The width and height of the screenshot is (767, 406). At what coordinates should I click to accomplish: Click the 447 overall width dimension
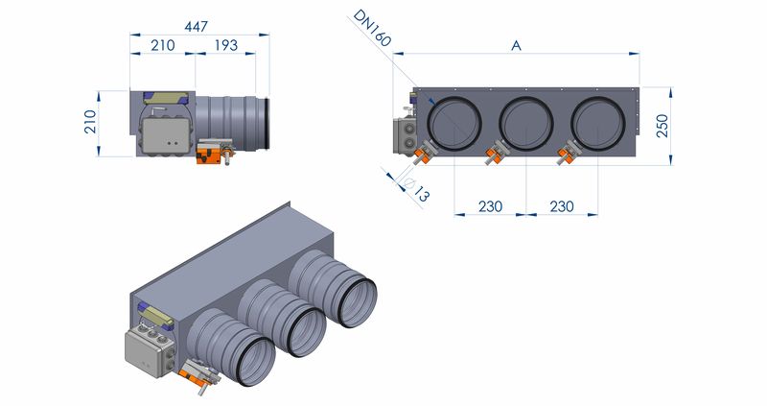point(197,27)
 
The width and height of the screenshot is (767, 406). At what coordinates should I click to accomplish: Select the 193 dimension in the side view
point(226,45)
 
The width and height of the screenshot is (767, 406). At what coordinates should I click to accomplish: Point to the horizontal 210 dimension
point(162,45)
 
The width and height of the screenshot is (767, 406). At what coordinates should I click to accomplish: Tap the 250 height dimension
point(662,125)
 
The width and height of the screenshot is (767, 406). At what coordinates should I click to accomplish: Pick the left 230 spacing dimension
point(490,205)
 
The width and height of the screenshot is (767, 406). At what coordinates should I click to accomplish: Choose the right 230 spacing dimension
point(563,205)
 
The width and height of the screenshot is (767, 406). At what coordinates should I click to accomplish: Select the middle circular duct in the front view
point(526,121)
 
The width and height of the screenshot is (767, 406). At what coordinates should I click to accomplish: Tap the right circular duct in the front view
point(599,121)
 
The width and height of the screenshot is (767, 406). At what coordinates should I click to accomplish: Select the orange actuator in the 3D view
point(199,375)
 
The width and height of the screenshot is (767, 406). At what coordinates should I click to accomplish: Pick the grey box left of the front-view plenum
point(402,135)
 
